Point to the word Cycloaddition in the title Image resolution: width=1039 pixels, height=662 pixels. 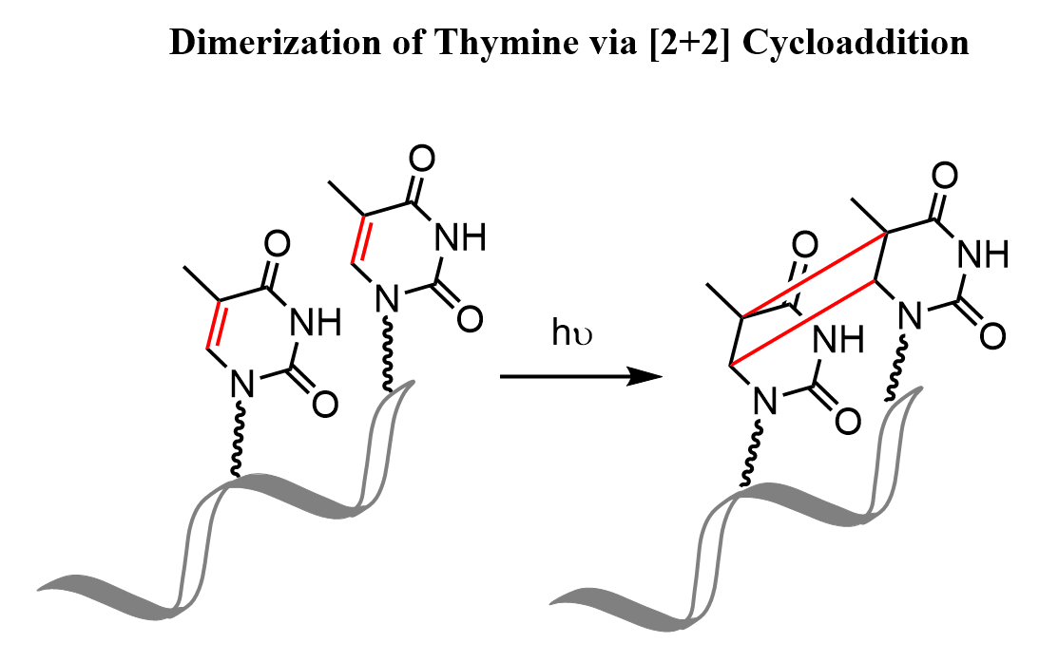coord(856,44)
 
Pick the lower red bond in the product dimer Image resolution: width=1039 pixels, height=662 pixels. coord(802,323)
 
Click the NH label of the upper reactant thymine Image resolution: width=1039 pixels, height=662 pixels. coord(460,236)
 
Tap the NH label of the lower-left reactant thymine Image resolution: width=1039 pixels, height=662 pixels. coord(317,322)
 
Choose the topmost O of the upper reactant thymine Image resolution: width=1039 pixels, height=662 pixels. coord(421,160)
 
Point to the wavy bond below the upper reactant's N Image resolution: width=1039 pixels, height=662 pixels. coord(388,353)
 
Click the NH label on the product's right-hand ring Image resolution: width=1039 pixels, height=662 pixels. coord(983,254)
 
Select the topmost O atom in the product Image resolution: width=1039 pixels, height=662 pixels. coord(944,176)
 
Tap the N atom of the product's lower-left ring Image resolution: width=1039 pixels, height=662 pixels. coord(765,401)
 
